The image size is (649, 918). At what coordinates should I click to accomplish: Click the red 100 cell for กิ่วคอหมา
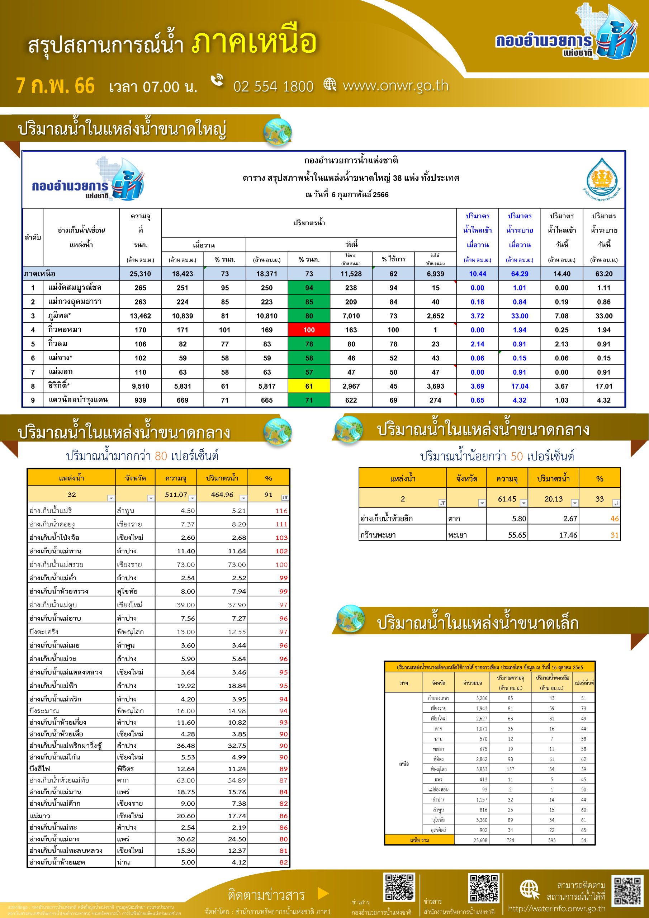click(x=309, y=330)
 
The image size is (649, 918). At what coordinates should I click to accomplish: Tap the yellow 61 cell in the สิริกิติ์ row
click(x=309, y=386)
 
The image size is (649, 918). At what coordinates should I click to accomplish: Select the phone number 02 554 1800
click(x=273, y=86)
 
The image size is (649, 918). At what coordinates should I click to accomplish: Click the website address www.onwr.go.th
click(x=395, y=86)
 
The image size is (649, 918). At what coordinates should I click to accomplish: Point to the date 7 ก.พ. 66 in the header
click(x=55, y=86)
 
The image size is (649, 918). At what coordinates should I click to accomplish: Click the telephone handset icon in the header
click(x=218, y=80)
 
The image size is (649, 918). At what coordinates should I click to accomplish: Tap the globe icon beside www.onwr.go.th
click(x=330, y=84)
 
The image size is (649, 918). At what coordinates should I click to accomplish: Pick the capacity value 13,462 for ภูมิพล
click(x=140, y=316)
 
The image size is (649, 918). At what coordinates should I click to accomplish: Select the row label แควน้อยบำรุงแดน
click(x=77, y=400)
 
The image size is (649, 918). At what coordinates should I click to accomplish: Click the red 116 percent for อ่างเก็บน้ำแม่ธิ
click(x=281, y=511)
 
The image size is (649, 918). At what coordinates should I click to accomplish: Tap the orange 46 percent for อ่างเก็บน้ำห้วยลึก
click(x=614, y=519)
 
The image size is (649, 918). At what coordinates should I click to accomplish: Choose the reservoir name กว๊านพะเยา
click(x=378, y=535)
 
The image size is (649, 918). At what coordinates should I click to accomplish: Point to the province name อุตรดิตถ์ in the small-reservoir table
click(x=439, y=830)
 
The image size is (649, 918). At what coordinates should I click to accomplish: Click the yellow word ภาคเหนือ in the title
click(x=254, y=42)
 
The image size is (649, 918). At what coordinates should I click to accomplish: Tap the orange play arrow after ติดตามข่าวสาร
click(x=322, y=893)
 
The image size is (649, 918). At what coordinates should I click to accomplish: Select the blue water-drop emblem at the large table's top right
click(x=601, y=177)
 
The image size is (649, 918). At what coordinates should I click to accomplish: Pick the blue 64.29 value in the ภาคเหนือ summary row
click(x=520, y=274)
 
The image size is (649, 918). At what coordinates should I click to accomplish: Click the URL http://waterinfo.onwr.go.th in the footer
click(x=556, y=909)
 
